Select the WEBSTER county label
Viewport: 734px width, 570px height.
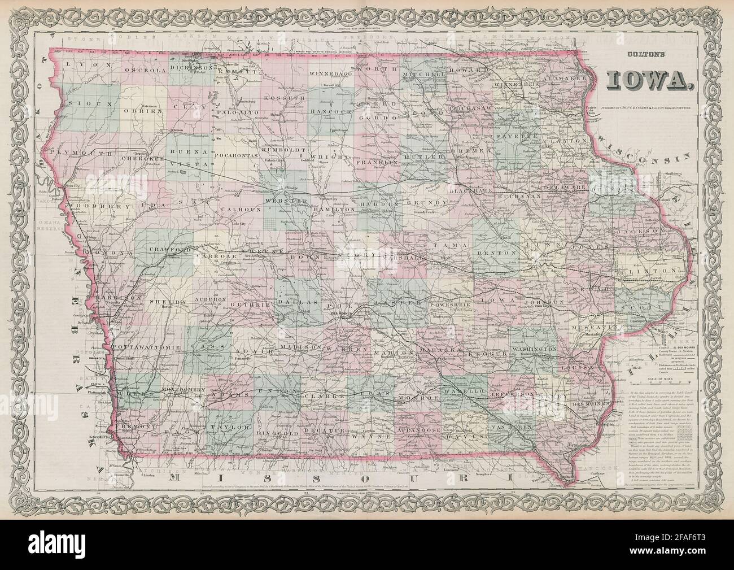291,201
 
